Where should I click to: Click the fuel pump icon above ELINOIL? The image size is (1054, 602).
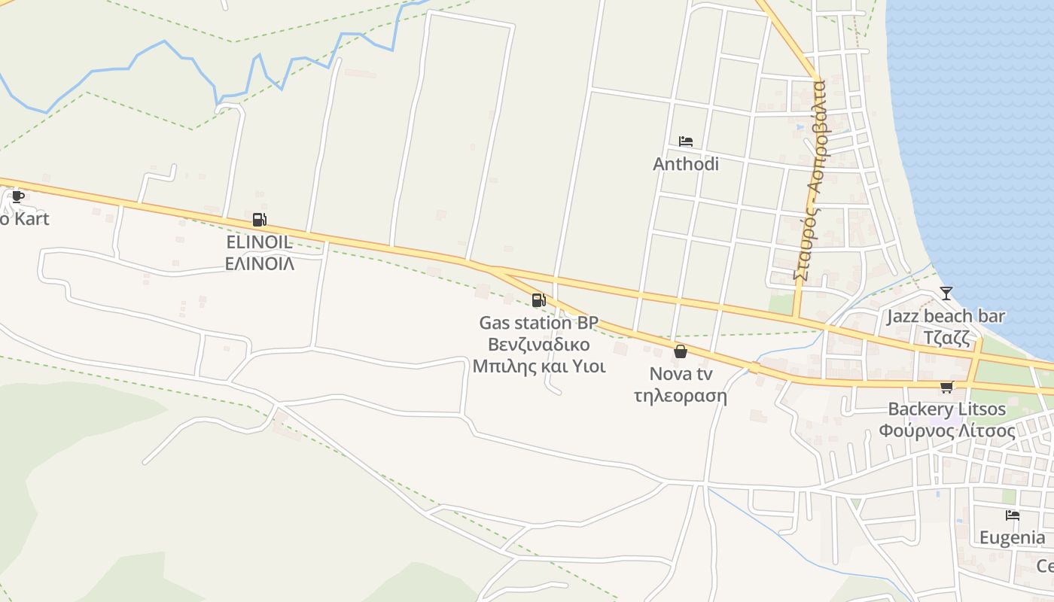point(259,220)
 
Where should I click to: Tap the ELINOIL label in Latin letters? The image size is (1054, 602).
point(259,242)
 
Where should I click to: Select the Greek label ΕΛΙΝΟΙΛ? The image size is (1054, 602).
point(260,264)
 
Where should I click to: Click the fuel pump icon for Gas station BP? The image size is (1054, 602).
point(538,300)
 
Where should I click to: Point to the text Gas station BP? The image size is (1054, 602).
point(538,323)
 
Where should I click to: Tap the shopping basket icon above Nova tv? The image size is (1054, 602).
point(681,351)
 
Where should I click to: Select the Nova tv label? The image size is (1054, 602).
point(681,374)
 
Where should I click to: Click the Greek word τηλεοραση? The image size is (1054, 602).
point(681,396)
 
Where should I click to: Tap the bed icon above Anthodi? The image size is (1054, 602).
point(685,141)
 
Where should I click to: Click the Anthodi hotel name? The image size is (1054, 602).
point(685,164)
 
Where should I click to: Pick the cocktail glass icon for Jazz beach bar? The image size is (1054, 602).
point(946,293)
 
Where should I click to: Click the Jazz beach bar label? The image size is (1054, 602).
point(946,316)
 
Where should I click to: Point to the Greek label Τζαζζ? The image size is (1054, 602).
point(946,337)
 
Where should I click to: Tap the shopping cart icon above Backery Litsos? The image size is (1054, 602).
point(946,387)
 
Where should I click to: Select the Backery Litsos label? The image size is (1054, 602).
point(946,409)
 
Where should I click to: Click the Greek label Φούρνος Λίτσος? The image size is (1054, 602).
point(946,431)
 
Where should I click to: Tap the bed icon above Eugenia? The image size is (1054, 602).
point(1013,515)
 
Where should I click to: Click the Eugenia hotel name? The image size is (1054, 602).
point(1012,538)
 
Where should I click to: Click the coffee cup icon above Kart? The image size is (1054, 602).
point(18,197)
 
